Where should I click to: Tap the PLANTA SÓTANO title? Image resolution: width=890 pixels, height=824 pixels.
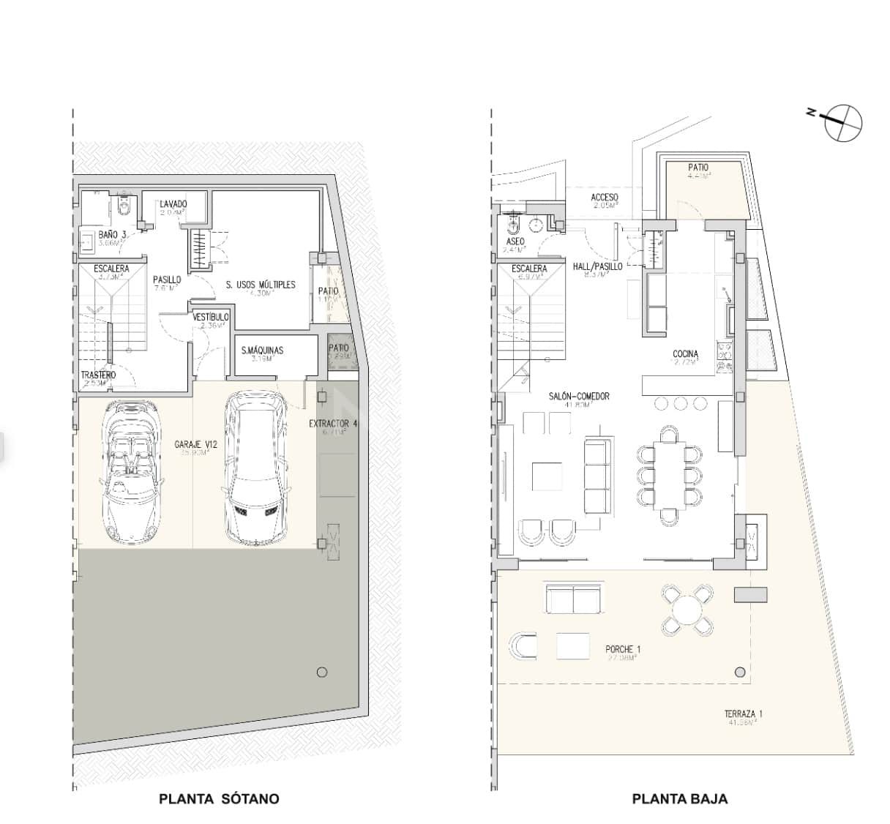coord(219,798)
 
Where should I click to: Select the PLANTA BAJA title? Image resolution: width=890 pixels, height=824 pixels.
coord(679,798)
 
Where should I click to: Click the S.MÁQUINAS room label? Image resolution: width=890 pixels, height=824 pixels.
coord(262,351)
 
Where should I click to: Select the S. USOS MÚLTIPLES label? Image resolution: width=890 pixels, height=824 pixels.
coord(260,284)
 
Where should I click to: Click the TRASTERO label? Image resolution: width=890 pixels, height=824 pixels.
coord(98,375)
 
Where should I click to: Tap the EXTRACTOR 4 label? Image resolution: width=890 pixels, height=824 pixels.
coord(333,423)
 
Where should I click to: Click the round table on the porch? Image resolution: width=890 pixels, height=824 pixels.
coord(687,609)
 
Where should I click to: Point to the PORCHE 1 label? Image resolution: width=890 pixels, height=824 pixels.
coord(623,649)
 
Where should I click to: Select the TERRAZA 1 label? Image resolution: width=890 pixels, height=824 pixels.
coord(744,714)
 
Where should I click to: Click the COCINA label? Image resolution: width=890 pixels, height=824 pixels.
coord(685,354)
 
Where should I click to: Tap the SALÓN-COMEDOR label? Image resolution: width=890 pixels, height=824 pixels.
coord(579,396)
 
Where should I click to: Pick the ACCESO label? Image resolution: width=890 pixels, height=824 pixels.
coord(605,198)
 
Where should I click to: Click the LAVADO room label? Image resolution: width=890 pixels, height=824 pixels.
coord(173,203)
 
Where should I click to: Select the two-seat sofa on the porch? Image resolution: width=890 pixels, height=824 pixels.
coord(573,600)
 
